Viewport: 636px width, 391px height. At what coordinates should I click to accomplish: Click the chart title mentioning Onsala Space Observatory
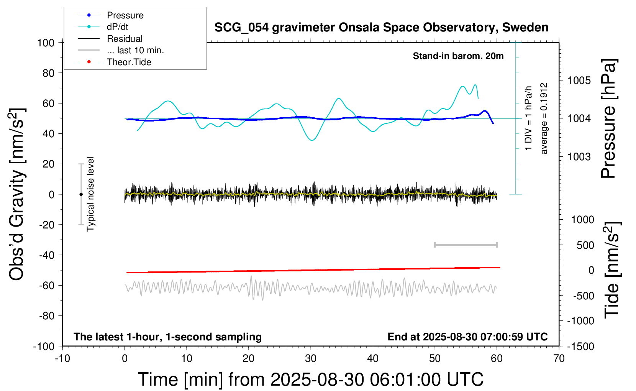(x=381, y=28)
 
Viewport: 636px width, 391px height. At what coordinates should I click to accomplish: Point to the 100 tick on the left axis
(x=46, y=43)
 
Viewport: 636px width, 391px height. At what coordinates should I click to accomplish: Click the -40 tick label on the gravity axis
(x=47, y=255)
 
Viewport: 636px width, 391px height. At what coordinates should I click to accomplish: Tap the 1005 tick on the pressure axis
(x=579, y=80)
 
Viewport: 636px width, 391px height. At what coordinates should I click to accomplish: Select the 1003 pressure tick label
(x=579, y=157)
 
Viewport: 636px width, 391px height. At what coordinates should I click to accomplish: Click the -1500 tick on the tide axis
(x=581, y=347)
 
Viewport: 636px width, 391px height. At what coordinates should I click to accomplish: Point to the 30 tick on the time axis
(x=311, y=359)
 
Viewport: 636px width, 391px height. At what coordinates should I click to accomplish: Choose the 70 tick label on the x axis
(x=559, y=359)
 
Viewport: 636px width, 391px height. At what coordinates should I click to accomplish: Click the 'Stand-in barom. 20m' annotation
(x=458, y=56)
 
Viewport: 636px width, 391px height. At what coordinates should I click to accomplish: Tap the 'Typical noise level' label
(x=90, y=194)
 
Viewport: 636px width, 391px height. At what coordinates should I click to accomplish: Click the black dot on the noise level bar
(x=81, y=194)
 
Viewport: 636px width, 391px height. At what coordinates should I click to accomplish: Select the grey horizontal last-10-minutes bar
(x=466, y=245)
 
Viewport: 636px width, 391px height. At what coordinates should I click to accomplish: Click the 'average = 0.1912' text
(x=544, y=118)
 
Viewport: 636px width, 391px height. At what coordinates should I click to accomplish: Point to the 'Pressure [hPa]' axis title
(x=609, y=118)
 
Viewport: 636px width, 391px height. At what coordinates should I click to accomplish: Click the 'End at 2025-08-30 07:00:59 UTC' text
(x=467, y=337)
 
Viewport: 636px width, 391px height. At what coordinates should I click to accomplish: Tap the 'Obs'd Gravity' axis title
(x=17, y=194)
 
